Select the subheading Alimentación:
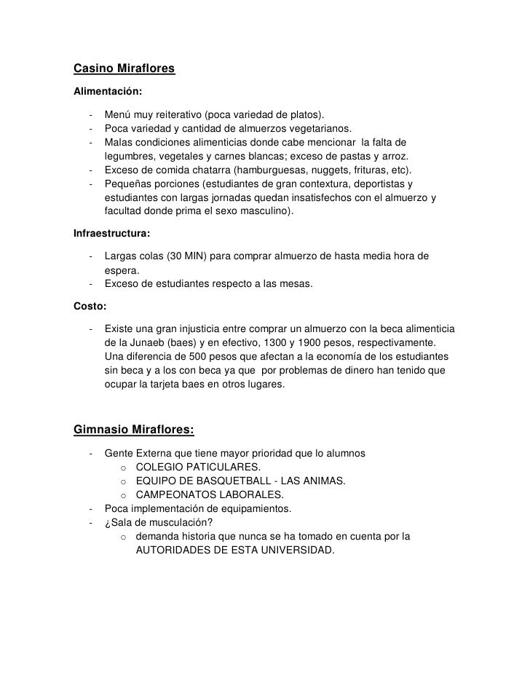pos(108,92)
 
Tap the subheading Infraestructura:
pos(113,235)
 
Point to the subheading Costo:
pos(91,306)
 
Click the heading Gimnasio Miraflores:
pos(134,429)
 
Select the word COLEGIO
pos(161,467)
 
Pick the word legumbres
pos(131,157)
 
